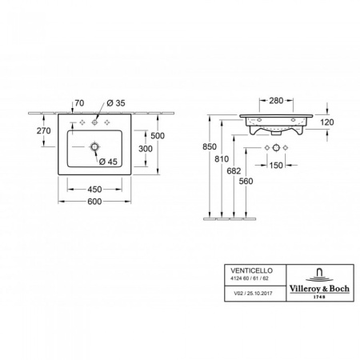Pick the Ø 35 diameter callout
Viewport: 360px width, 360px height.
(115, 103)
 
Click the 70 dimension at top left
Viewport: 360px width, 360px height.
(79, 103)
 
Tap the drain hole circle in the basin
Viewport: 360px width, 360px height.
(95, 147)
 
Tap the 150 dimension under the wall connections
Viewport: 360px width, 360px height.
(277, 166)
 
